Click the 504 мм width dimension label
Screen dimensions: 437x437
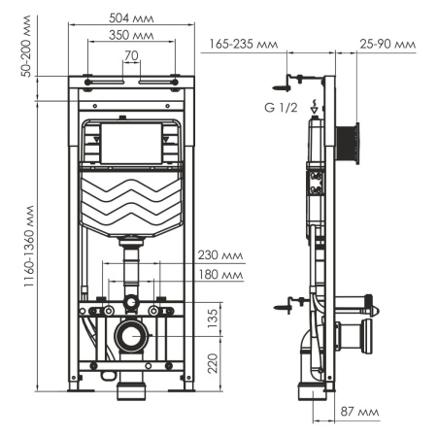[x=126, y=17]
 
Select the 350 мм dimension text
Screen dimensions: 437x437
[x=126, y=36]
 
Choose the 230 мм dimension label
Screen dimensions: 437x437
[x=219, y=256]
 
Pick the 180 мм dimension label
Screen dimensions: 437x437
[x=219, y=276]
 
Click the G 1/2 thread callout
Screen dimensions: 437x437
[x=279, y=106]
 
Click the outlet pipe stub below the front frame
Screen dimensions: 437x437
[x=128, y=392]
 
